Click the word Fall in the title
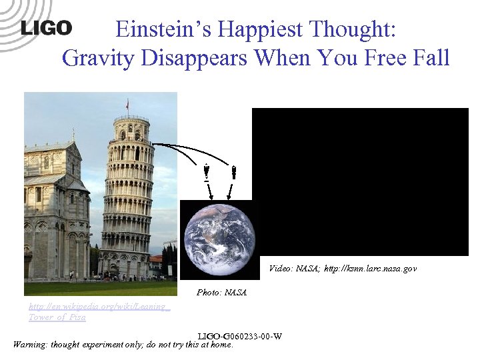click(x=431, y=58)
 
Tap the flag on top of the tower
click(x=127, y=105)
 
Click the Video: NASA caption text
click(x=293, y=268)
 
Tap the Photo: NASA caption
click(x=221, y=292)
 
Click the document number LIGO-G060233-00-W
click(x=240, y=336)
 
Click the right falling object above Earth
click(x=233, y=172)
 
